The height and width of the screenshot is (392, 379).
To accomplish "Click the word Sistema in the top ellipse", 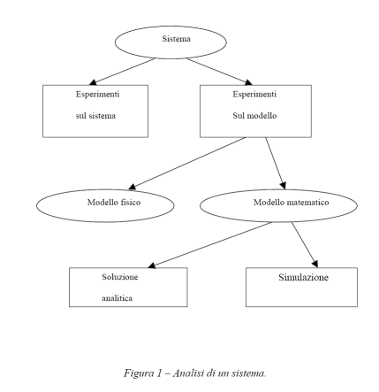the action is coord(176,39).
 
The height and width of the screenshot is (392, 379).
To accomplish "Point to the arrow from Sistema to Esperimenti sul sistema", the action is coord(122,72).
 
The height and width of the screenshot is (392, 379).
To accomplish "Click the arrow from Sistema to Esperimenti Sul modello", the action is coord(219,72).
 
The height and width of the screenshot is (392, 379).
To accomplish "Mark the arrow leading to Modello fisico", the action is coord(187,163).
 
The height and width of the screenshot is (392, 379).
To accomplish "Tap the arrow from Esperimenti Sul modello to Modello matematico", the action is coord(276,163).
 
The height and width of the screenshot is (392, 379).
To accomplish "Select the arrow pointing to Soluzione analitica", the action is coord(209,245).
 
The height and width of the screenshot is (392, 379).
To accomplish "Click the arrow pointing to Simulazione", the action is coord(305,245).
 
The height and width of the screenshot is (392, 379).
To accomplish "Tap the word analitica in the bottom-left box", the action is coord(117,298).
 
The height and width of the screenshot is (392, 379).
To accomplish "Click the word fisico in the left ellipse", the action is coord(131,203).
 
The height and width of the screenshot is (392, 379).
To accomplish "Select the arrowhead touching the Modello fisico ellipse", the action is coord(133,187).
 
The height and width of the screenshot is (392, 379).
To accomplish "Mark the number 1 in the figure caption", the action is coord(159,373).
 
